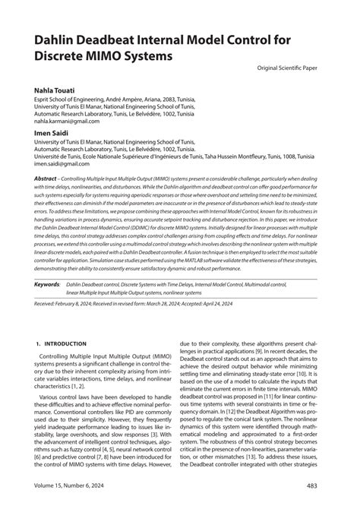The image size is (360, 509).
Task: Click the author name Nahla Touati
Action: pos(54,90)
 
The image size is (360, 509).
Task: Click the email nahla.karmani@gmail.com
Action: pos(66,120)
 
